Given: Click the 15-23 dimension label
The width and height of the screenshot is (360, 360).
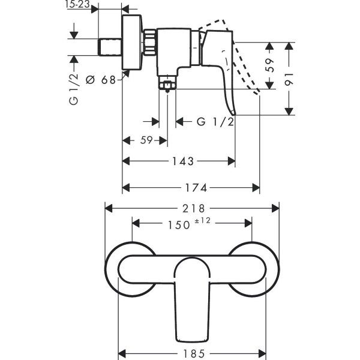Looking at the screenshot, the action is [x=77, y=4].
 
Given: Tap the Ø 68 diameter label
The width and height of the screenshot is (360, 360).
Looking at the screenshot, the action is [x=100, y=80].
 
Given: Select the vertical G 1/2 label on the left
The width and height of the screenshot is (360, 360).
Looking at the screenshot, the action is [x=74, y=89].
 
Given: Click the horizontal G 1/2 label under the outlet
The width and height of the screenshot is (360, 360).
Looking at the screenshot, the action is [x=215, y=121].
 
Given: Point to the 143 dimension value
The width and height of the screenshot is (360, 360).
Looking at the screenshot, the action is [x=183, y=161].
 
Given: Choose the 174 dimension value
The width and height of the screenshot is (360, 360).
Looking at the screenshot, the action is [x=196, y=188].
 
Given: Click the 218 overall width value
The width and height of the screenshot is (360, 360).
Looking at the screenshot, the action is [x=193, y=209].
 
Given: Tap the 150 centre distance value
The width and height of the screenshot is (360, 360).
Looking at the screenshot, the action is [x=179, y=225].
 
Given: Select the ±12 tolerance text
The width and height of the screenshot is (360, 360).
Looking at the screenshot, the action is [x=203, y=221].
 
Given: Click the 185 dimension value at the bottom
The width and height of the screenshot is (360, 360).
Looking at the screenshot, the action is [x=194, y=353].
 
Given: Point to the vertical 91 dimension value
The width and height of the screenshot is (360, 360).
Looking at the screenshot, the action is [x=289, y=79].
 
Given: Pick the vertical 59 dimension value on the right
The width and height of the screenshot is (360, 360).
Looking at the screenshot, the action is [x=269, y=65].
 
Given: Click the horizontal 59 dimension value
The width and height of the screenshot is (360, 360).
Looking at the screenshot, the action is [x=146, y=140].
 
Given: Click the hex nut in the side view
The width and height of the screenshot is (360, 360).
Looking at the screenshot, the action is [x=149, y=42].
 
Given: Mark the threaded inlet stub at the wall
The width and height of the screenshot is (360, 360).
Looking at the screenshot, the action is [x=110, y=47].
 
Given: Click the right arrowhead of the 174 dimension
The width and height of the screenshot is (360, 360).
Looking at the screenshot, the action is [x=256, y=188].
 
